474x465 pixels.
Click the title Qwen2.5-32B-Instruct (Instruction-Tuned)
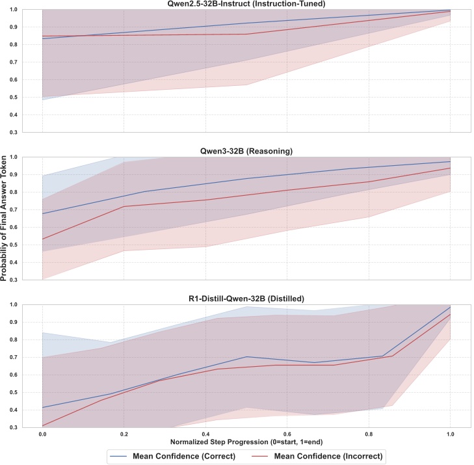(x=246, y=5)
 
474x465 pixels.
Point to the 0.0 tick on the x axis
(x=42, y=434)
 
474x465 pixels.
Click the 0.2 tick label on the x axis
(x=124, y=434)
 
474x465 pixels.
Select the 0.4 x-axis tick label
(x=205, y=434)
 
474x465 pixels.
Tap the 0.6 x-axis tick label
(x=287, y=434)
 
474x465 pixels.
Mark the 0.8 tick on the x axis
(x=369, y=434)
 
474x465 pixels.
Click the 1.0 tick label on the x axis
(x=450, y=434)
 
